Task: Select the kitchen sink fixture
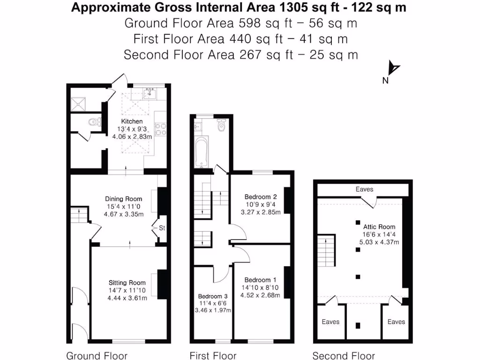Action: pyautogui.click(x=150, y=93)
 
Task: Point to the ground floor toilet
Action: pyautogui.click(x=94, y=122)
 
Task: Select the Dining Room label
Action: pyautogui.click(x=123, y=199)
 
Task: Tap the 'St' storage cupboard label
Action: pyautogui.click(x=162, y=228)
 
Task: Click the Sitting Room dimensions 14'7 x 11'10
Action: pyautogui.click(x=127, y=290)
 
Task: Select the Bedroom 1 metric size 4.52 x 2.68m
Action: pyautogui.click(x=260, y=295)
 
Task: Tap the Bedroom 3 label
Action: pyautogui.click(x=213, y=296)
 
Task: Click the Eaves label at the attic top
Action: pyautogui.click(x=364, y=189)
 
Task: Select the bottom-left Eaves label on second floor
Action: pyautogui.click(x=331, y=322)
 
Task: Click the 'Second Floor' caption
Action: pyautogui.click(x=344, y=356)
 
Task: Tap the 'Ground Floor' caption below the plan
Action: pyautogui.click(x=97, y=356)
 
